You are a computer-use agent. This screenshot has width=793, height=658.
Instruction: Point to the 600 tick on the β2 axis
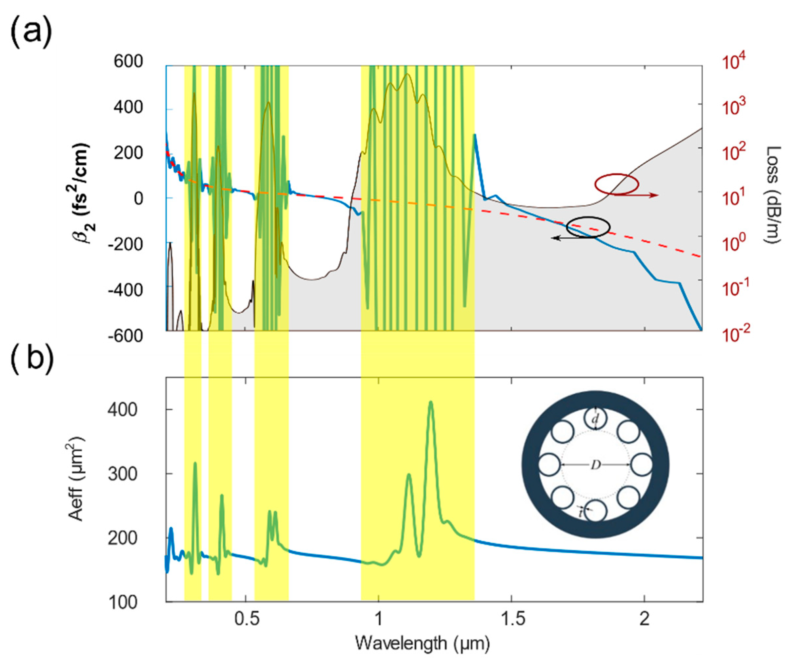[129, 62]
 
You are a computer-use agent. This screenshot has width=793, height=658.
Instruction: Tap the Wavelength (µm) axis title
[423, 643]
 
